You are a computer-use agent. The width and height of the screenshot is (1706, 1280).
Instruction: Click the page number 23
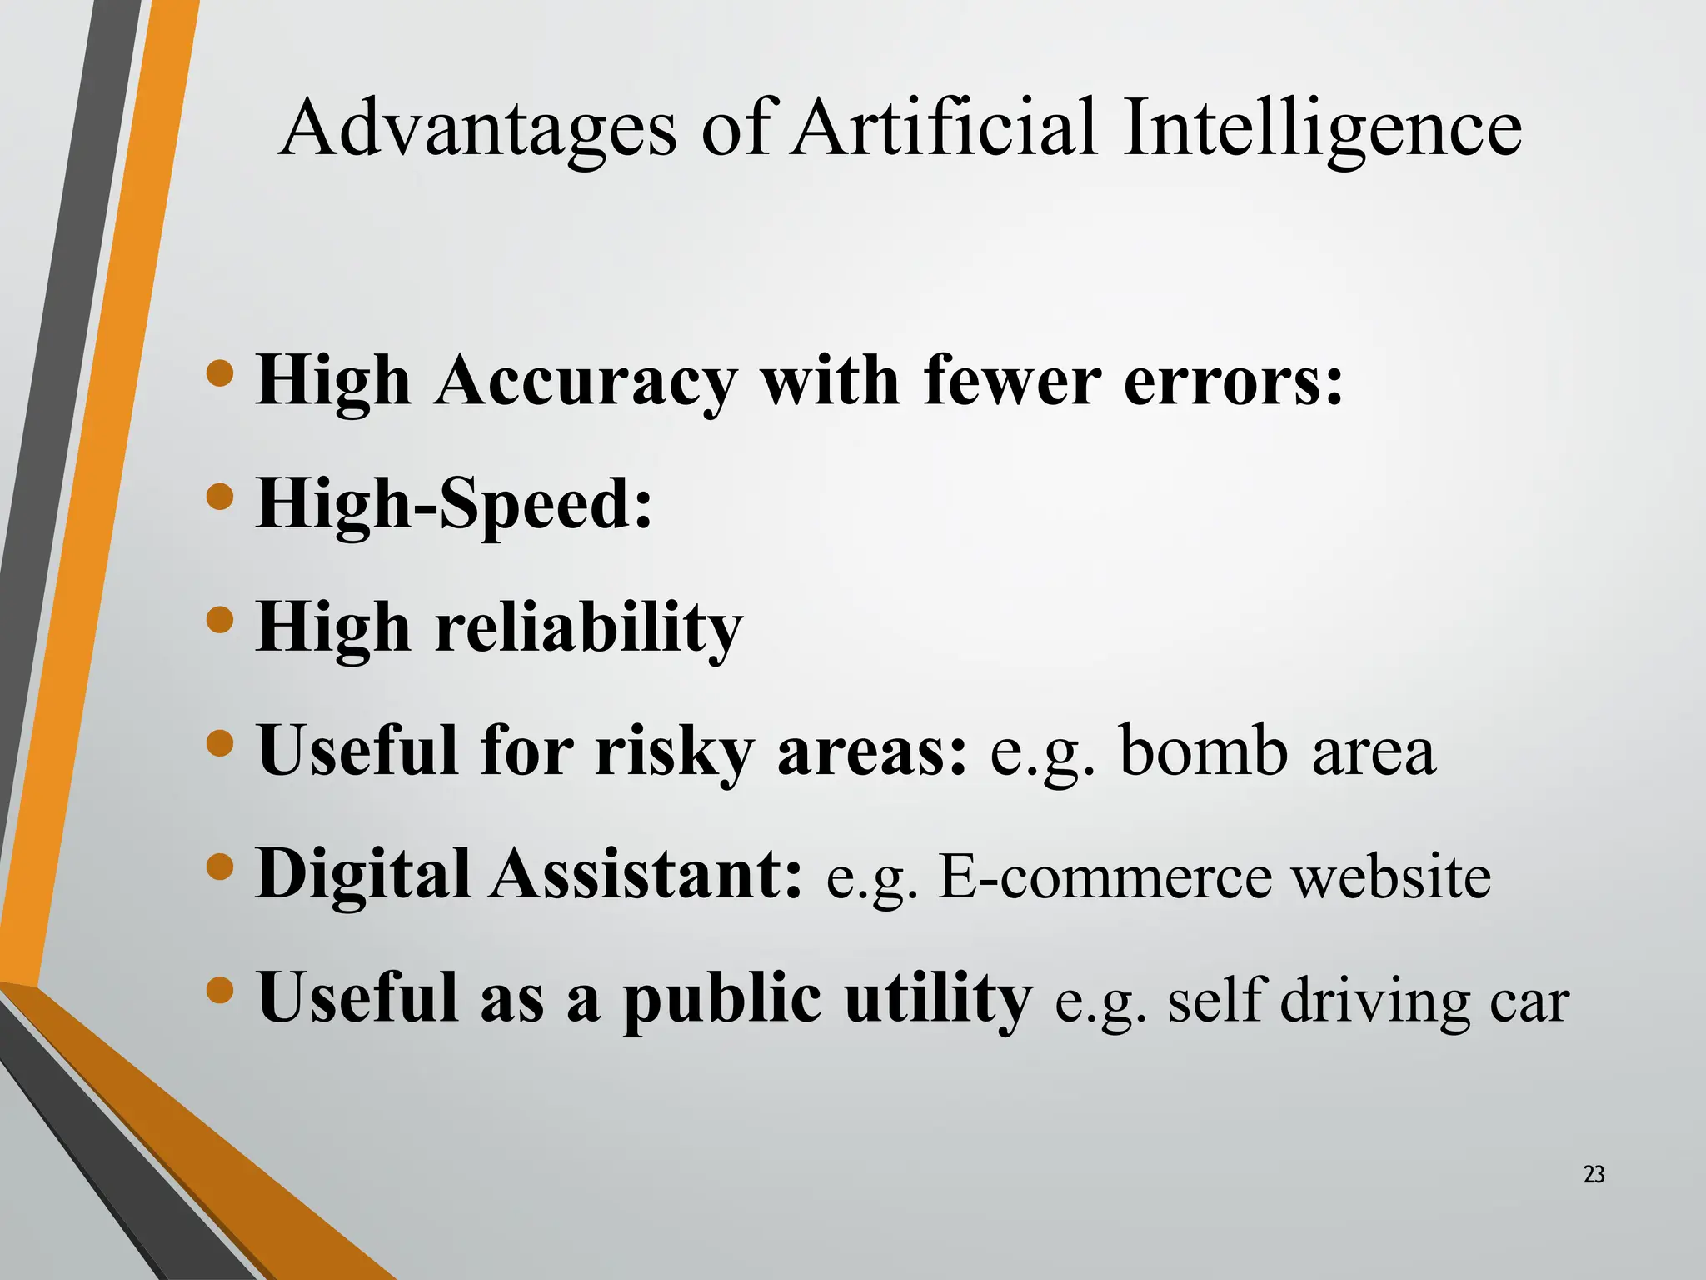coord(1594,1175)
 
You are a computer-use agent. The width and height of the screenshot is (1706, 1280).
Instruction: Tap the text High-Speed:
coord(454,505)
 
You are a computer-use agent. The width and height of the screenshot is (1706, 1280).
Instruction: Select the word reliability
coord(588,628)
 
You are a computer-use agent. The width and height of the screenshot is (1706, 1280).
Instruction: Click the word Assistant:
coord(646,875)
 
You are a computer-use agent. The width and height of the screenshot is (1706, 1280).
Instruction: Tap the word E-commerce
coord(1105,877)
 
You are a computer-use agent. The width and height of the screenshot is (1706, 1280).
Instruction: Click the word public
coord(721,998)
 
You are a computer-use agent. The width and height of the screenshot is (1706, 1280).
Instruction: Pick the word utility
coord(938,998)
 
